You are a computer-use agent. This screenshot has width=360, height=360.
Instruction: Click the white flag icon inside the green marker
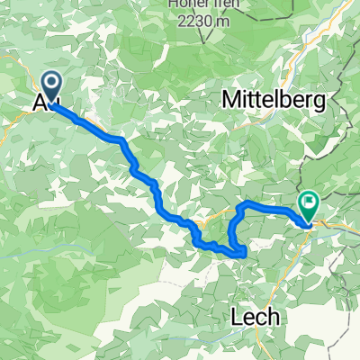309,204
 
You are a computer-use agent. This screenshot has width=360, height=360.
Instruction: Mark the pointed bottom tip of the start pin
51,103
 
